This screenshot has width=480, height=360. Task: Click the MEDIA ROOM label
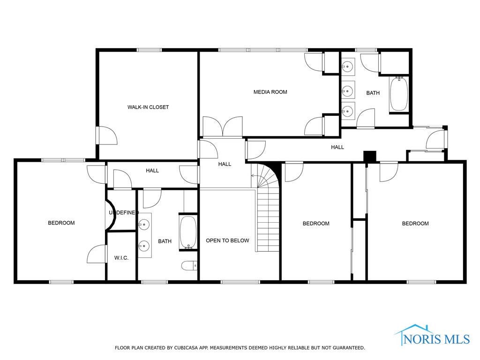coord(270,92)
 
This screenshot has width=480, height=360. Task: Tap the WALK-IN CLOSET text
coord(148,107)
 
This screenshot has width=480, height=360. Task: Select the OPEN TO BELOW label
coord(227,240)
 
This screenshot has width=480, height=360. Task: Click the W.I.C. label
coord(121,258)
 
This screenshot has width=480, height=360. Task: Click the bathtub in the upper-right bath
coord(398,94)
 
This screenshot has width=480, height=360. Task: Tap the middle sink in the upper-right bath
coord(348,89)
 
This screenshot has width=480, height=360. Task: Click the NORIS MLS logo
coord(432,336)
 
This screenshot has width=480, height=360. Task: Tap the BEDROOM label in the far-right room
coord(415,224)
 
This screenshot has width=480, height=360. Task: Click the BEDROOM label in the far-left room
coord(61,223)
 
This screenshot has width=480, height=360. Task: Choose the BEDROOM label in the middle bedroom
coord(316,224)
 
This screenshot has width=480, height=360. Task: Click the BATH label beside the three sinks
coord(373,93)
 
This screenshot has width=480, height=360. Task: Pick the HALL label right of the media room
coord(337,147)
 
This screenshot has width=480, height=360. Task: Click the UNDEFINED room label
coord(123,213)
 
